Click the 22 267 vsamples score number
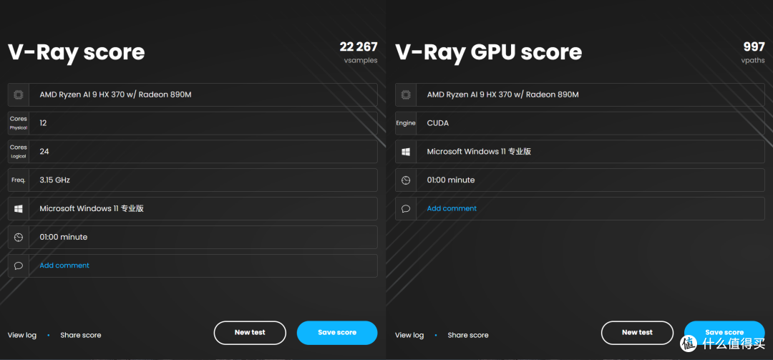tap(359, 47)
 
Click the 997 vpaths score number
tap(754, 47)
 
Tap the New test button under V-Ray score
tap(250, 332)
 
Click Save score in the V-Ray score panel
tap(337, 332)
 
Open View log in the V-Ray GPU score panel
tap(409, 336)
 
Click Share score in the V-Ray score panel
tap(81, 336)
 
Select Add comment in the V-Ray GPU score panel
tap(452, 208)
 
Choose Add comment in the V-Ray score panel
tap(64, 266)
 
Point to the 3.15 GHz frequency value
tap(54, 180)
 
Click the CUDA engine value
tap(438, 123)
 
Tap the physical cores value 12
tap(44, 123)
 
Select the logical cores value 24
tap(44, 152)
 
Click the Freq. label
tap(18, 180)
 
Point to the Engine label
tap(406, 123)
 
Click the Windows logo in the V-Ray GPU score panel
tap(406, 152)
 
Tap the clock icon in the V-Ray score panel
tap(18, 237)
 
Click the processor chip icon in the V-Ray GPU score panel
tap(406, 94)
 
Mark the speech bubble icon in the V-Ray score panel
tap(18, 266)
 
